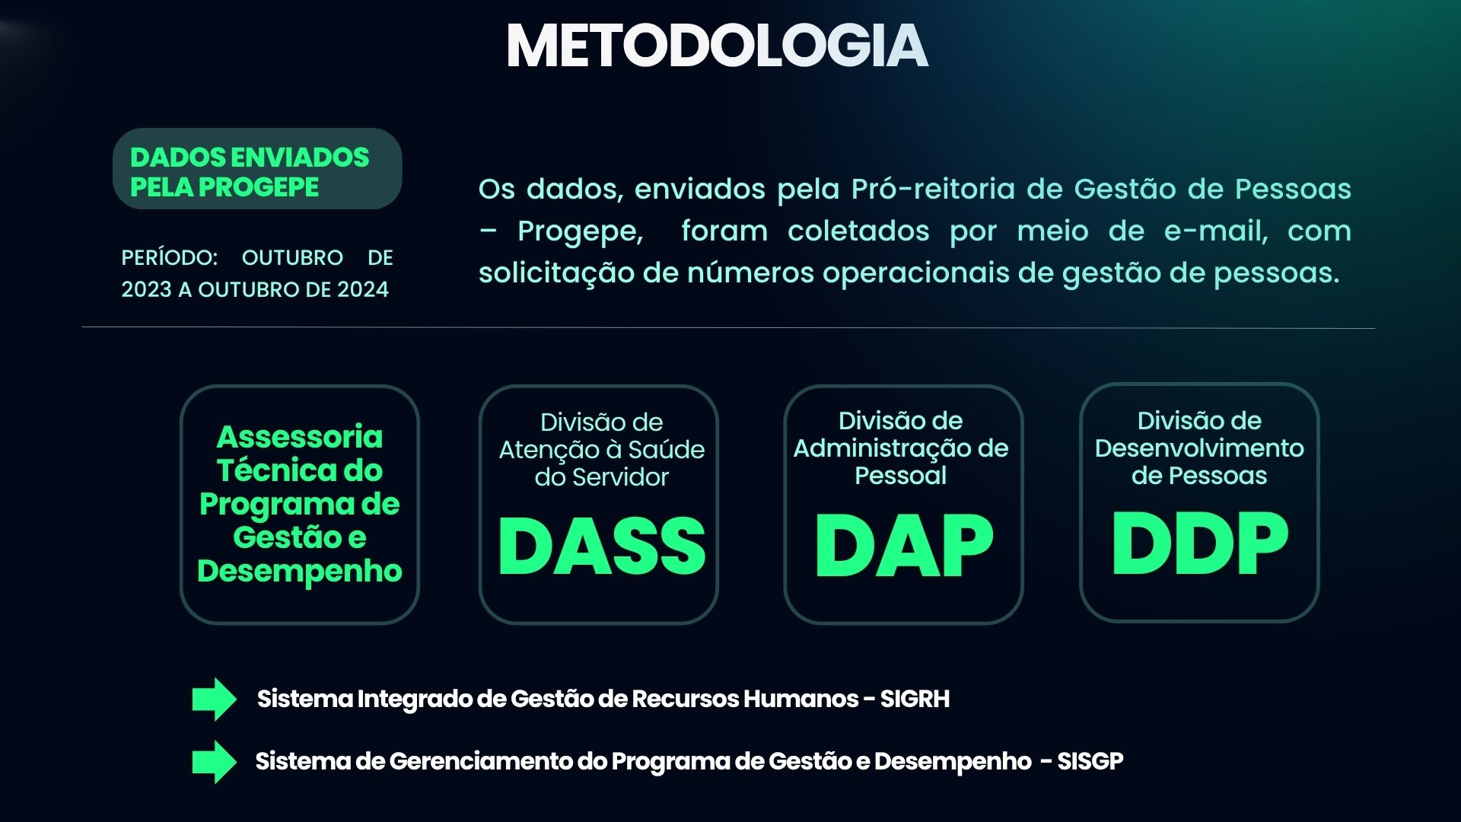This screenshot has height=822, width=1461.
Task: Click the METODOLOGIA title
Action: click(717, 46)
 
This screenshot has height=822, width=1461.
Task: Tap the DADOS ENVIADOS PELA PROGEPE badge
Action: click(257, 169)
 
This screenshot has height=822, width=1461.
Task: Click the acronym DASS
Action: click(601, 546)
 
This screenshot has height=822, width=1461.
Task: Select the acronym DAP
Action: click(903, 545)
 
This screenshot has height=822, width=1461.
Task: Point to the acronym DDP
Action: click(1199, 543)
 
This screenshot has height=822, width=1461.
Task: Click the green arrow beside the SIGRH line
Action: click(215, 699)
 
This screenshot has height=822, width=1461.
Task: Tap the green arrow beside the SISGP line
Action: click(215, 761)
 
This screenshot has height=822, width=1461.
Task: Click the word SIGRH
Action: click(915, 699)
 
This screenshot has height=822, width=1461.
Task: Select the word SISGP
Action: click(1090, 761)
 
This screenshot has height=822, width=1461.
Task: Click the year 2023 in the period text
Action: click(146, 290)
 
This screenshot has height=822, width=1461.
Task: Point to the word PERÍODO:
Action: click(170, 257)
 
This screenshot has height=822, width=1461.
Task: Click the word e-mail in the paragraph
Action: click(1216, 231)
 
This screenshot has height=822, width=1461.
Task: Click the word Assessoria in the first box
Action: click(300, 437)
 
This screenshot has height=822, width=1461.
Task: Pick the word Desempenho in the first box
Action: click(300, 572)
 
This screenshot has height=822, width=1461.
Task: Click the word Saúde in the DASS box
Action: click(666, 450)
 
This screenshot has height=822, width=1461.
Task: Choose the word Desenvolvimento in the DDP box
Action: click(1199, 448)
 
